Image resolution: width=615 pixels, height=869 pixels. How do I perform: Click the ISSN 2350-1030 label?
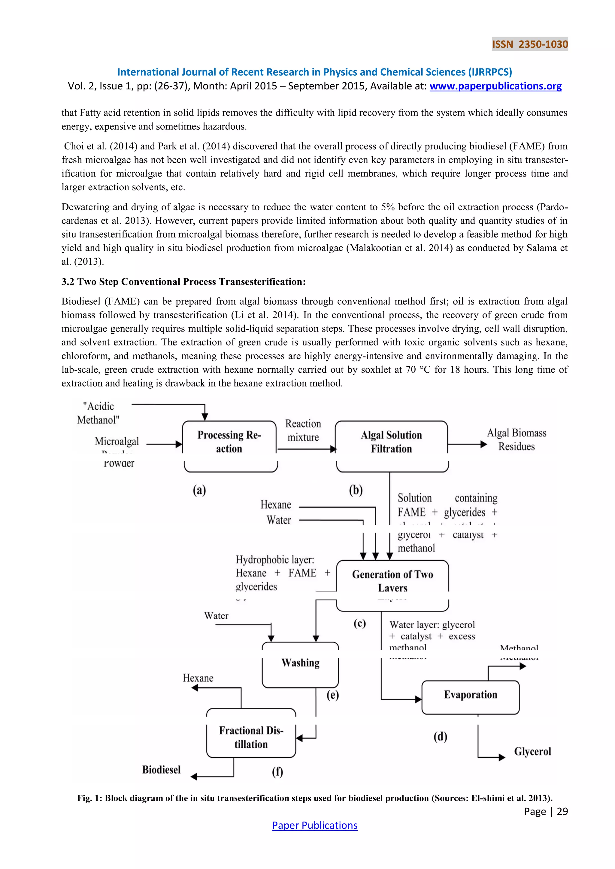pyautogui.click(x=530, y=44)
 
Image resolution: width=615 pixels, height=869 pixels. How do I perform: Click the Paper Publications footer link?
pyautogui.click(x=314, y=825)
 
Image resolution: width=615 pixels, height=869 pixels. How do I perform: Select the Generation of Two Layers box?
pyautogui.click(x=392, y=581)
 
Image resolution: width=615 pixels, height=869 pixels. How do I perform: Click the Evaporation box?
pyautogui.click(x=470, y=695)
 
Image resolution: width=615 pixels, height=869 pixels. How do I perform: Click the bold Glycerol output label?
pyautogui.click(x=532, y=751)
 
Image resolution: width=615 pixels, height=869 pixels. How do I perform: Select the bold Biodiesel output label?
pyautogui.click(x=161, y=770)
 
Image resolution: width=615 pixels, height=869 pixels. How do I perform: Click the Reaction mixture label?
pyautogui.click(x=303, y=430)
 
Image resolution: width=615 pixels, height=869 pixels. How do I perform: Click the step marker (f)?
pyautogui.click(x=277, y=771)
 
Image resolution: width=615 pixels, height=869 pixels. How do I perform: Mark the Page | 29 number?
pyautogui.click(x=546, y=811)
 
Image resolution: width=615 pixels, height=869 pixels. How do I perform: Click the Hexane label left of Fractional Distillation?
pyautogui.click(x=198, y=678)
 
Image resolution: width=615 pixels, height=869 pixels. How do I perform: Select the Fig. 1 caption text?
pyautogui.click(x=314, y=798)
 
